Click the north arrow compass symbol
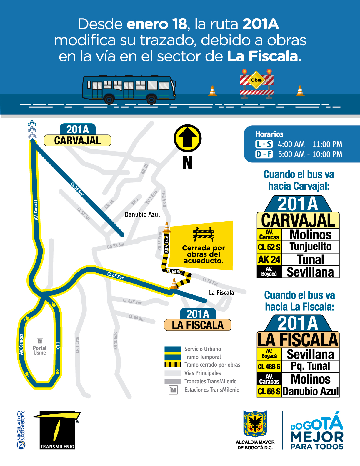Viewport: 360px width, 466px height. (187, 138)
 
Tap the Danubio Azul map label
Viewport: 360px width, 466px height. (142, 214)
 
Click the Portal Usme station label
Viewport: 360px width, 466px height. (40, 350)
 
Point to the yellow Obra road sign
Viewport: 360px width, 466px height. (256, 80)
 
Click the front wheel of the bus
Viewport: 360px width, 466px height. (151, 99)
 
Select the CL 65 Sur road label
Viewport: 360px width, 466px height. (115, 276)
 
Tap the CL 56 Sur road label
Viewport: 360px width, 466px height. (77, 189)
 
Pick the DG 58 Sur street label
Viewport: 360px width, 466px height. (116, 245)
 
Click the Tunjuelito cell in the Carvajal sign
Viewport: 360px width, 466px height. (310, 247)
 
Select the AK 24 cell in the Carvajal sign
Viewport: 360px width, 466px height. (269, 259)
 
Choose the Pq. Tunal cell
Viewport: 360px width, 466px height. (310, 366)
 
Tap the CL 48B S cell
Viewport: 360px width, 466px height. (269, 367)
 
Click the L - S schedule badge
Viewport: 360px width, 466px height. (264, 144)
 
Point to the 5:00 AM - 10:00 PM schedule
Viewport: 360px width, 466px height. (310, 154)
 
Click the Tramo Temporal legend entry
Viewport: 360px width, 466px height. (202, 357)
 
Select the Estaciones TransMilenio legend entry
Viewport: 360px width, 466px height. (211, 390)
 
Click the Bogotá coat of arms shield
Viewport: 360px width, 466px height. (255, 424)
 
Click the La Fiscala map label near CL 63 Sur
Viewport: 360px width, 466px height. (221, 293)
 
